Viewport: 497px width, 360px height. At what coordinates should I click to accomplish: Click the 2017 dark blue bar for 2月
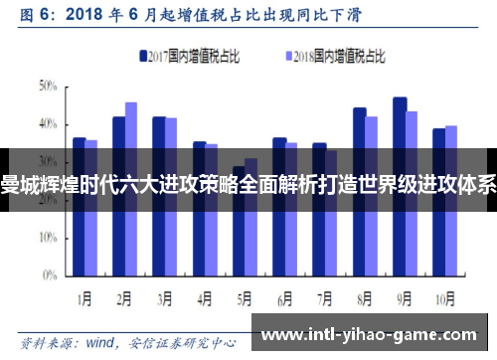[119, 199]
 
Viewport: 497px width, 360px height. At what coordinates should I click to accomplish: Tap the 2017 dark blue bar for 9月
[400, 189]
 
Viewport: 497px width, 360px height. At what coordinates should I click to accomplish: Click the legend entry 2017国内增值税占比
[188, 57]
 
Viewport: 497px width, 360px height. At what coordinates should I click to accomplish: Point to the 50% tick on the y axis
[48, 87]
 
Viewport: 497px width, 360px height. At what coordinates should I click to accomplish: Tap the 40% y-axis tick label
[48, 125]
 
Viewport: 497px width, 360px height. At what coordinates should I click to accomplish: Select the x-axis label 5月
[245, 296]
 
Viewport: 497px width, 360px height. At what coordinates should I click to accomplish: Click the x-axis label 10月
[444, 296]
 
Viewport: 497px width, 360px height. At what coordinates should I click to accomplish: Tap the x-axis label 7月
[325, 296]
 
